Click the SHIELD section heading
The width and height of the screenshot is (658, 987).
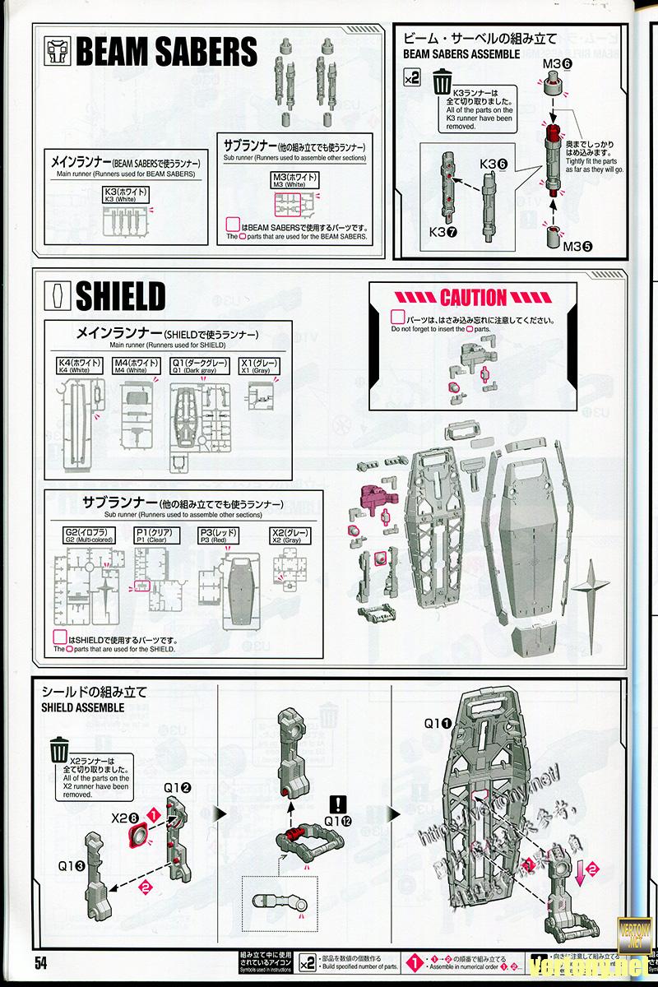click(x=120, y=297)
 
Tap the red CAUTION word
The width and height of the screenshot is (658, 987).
click(x=473, y=297)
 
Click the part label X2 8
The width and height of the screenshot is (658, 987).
click(x=124, y=818)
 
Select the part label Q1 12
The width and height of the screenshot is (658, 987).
click(x=339, y=820)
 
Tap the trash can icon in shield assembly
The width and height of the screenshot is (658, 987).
click(x=59, y=751)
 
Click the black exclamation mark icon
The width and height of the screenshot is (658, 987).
click(x=338, y=804)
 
